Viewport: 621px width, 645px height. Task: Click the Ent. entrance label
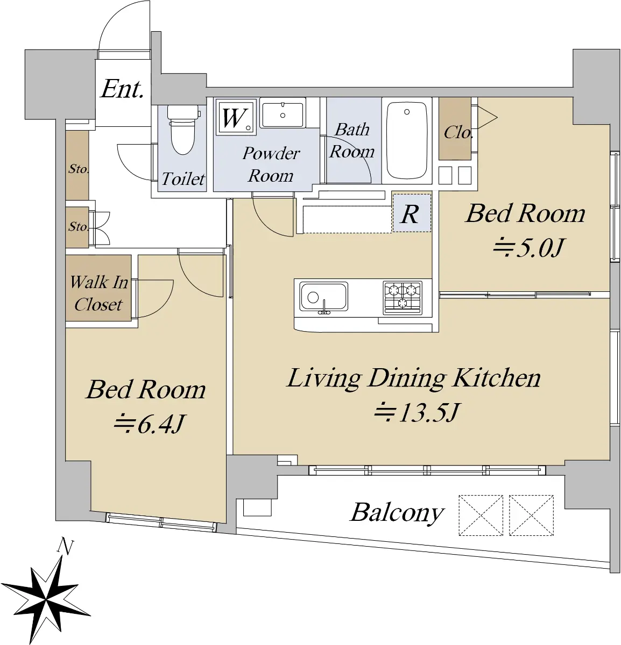pos(122,89)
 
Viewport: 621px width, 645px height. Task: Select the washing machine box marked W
pos(236,117)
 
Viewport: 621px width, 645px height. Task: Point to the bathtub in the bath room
pos(407,140)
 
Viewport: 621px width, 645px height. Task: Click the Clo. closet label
pos(458,133)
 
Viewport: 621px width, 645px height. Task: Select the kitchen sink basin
pos(323,297)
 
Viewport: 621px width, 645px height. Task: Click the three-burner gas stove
pos(403,298)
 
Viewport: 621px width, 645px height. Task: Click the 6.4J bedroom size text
pos(149,424)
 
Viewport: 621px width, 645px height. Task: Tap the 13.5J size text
pos(417,413)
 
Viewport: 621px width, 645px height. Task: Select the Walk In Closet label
pos(98,293)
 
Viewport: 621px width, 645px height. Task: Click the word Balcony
pos(397,513)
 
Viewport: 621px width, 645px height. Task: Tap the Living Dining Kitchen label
pos(414,379)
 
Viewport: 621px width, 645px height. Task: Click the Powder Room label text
pos(271,164)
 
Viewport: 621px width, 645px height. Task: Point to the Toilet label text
pos(183,179)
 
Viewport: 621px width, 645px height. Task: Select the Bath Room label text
pos(352,140)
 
